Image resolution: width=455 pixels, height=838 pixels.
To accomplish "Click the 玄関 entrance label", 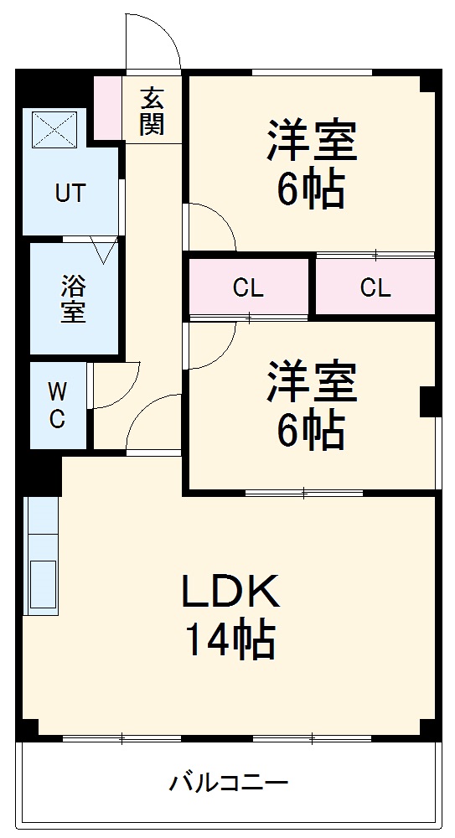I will click(x=153, y=111).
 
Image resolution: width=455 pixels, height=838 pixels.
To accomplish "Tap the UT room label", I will click(x=70, y=194).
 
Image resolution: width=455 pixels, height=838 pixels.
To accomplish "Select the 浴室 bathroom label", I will click(x=72, y=299).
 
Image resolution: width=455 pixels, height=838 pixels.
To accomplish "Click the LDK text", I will click(x=230, y=594).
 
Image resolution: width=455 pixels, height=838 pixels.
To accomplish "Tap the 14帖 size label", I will click(x=230, y=641).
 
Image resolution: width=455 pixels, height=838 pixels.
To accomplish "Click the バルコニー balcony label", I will click(x=230, y=784).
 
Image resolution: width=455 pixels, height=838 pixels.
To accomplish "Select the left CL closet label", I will click(x=248, y=288).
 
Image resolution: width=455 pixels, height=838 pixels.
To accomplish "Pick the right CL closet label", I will click(x=375, y=288).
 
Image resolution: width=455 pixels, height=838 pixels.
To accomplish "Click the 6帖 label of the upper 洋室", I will click(x=311, y=192).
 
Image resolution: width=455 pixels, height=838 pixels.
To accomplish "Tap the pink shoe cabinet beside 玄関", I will click(x=107, y=108).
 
